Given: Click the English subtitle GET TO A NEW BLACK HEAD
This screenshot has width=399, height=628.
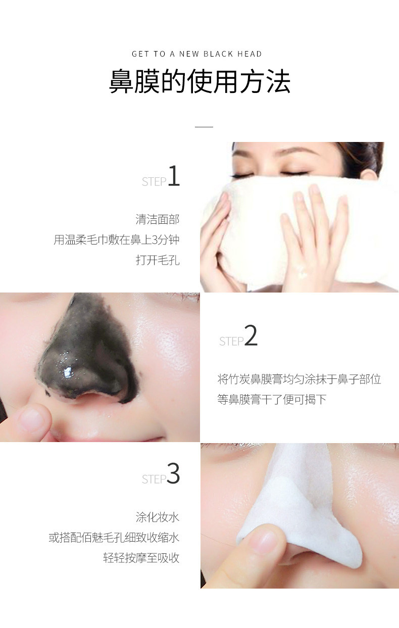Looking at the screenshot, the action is tap(196, 54).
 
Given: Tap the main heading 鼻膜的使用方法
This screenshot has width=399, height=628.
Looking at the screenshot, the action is tap(199, 81).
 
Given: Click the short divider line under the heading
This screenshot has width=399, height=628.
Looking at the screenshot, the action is tap(204, 127).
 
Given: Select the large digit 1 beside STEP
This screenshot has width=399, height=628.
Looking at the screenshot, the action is tap(174, 176).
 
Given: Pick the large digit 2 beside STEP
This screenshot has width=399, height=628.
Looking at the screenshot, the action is tap(251, 335).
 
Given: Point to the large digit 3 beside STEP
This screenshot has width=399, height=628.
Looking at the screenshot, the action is tap(173, 473).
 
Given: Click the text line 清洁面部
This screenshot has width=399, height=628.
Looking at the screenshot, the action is tap(158, 219).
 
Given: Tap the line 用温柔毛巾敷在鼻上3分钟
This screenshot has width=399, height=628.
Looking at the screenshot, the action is tap(117, 240).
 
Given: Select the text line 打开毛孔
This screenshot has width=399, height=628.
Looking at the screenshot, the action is tap(158, 260).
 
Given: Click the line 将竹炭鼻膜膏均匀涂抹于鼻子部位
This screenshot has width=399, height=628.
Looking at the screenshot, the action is tap(299, 379).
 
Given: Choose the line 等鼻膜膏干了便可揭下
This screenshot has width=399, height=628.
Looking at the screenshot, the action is tap(272, 399).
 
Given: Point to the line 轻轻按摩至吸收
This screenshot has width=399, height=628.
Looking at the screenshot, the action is tap(141, 558).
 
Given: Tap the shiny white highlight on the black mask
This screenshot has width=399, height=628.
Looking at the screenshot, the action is tap(68, 372).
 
